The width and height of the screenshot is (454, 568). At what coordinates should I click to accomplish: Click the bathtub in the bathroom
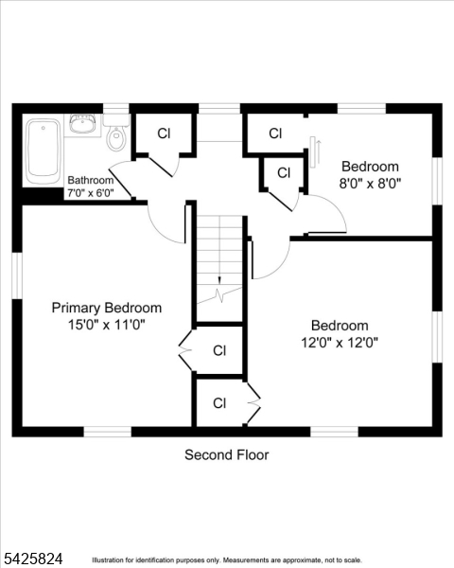[44, 151]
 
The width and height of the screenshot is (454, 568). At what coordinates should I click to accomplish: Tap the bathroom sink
[82, 123]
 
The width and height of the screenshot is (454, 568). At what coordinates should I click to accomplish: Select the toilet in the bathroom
[116, 138]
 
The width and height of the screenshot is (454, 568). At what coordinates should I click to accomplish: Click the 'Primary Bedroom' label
[106, 308]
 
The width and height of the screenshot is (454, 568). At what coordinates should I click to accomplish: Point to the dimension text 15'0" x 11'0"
[106, 325]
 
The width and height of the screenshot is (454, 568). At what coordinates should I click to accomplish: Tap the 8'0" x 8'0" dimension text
[371, 185]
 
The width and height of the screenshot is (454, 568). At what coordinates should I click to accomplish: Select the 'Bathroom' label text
[91, 181]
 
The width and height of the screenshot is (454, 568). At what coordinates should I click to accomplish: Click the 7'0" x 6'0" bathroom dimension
[91, 193]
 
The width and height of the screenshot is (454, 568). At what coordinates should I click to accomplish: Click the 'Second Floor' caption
[226, 455]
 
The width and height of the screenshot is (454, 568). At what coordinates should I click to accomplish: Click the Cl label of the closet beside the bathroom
[164, 133]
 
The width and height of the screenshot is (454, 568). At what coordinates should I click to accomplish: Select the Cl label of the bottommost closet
[219, 403]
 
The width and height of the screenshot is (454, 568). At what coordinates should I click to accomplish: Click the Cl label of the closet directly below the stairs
[219, 350]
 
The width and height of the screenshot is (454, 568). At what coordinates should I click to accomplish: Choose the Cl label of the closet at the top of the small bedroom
[275, 133]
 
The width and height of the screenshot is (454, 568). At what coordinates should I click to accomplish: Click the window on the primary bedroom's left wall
[16, 275]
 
